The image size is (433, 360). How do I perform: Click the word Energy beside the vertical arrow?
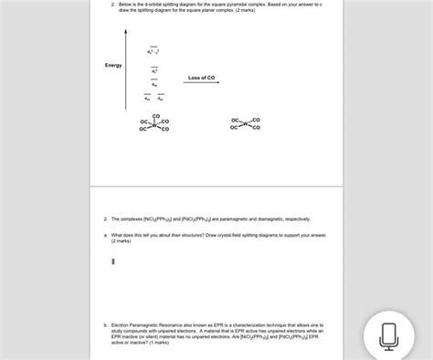coord(113,65)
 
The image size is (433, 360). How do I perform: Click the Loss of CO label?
coord(202,78)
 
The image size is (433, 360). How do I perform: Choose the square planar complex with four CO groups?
coord(246,123)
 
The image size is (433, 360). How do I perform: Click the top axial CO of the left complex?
coord(155,114)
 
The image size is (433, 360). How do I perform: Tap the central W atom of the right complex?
coord(246,123)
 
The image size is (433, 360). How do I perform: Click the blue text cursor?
coord(112,261)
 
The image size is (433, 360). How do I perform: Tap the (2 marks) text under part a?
coord(121,241)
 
